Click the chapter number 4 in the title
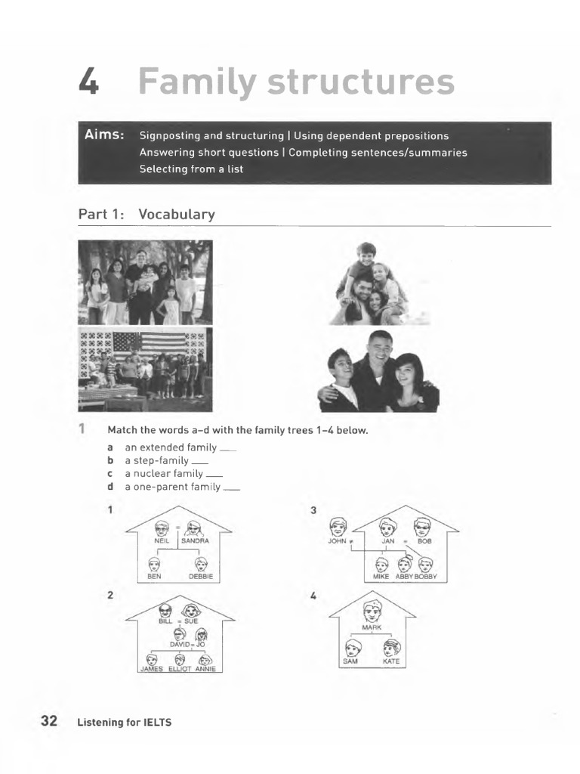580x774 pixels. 89,82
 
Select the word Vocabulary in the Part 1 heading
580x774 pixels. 177,215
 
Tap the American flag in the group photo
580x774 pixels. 149,344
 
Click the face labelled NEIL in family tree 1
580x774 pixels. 161,528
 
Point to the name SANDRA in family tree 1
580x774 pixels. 194,541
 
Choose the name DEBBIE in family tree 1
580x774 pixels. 201,577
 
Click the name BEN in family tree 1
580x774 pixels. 155,577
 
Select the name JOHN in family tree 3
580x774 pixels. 338,541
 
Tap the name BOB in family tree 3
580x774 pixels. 424,541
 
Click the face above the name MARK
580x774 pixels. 372,610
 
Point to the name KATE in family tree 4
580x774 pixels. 391,661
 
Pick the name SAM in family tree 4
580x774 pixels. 351,661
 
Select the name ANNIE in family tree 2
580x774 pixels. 205,668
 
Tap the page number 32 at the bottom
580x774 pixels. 49,721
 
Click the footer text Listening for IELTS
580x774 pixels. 125,723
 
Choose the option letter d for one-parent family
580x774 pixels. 110,487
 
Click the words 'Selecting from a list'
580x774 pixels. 191,169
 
